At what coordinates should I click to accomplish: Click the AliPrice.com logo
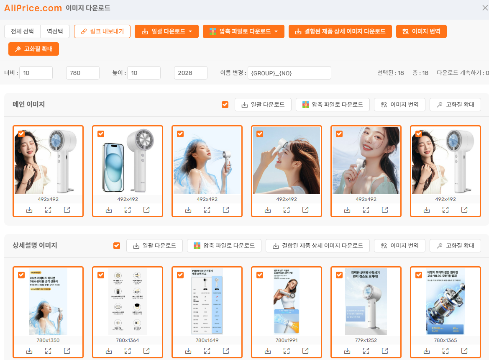point(33,8)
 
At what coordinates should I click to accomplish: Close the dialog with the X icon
point(485,8)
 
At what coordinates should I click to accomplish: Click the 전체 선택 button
point(22,31)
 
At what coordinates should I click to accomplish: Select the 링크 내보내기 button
point(102,31)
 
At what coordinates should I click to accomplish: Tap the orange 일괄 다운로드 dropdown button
point(166,31)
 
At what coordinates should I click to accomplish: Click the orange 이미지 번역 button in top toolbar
point(421,31)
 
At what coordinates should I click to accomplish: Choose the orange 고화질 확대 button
point(33,49)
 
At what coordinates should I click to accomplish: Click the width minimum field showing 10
point(36,73)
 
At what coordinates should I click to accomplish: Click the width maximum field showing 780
point(82,73)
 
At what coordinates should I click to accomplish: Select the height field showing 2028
point(190,73)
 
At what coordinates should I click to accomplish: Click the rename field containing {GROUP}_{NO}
point(289,73)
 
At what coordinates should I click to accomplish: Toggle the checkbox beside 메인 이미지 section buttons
point(225,105)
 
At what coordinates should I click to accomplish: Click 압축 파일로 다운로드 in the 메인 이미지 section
point(333,105)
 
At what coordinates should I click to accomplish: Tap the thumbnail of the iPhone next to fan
point(128,161)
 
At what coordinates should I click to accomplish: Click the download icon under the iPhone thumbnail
point(109,210)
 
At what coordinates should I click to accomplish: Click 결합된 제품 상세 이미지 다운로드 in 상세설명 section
point(317,246)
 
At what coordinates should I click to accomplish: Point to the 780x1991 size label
point(287,340)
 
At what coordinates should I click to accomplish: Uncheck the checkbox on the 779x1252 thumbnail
point(339,275)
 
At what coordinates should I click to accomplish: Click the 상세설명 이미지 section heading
point(35,246)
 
